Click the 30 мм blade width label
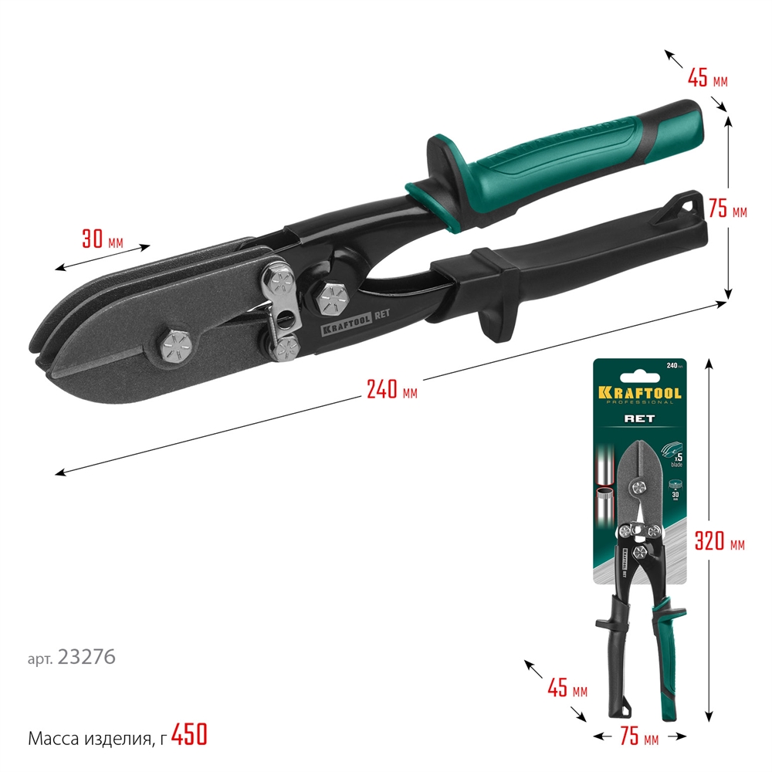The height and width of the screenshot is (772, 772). click(x=103, y=239)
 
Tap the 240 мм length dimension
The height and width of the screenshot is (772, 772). click(x=391, y=391)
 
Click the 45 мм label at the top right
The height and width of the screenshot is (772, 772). click(x=707, y=78)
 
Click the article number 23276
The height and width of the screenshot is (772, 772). click(x=86, y=658)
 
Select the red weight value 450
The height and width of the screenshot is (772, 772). click(x=189, y=736)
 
